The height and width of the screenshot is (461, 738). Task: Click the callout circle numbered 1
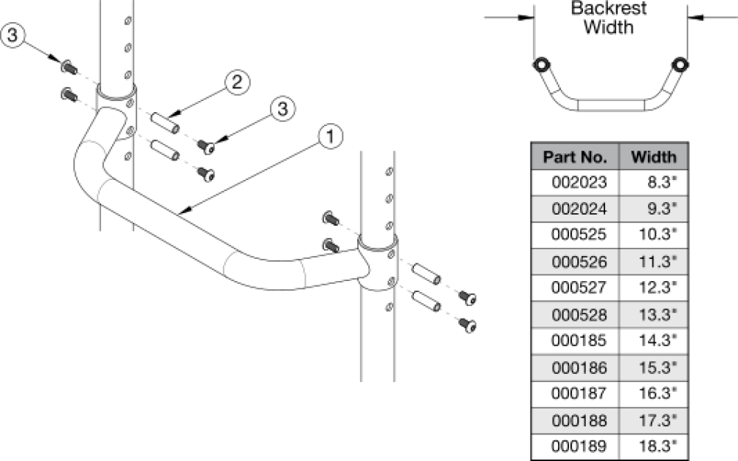click(x=331, y=135)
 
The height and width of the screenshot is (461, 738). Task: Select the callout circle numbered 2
click(x=236, y=83)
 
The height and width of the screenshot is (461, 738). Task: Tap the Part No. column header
click(x=575, y=156)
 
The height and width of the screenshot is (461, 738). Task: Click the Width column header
click(x=654, y=156)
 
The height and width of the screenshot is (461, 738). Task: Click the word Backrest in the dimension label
click(x=609, y=10)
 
